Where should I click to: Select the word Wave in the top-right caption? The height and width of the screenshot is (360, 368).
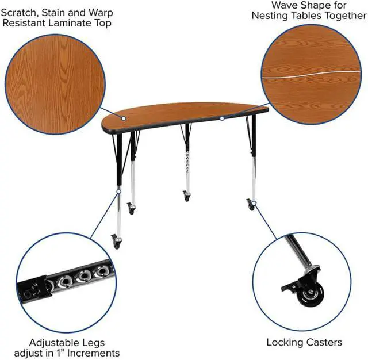click(x=283, y=5)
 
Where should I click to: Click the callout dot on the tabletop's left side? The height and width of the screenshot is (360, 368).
click(x=124, y=118)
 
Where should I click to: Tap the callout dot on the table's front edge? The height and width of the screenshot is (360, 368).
click(x=222, y=118)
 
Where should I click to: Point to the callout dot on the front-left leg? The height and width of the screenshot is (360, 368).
click(x=119, y=192)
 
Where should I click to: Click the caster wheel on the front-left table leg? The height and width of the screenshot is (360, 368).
click(x=116, y=242)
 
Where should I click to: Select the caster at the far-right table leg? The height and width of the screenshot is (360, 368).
click(x=251, y=204)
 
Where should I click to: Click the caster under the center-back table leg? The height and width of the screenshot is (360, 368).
click(x=186, y=196)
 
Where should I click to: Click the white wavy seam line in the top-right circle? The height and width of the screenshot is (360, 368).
click(x=310, y=74)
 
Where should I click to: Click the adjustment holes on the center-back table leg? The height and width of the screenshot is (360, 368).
click(x=187, y=163)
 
